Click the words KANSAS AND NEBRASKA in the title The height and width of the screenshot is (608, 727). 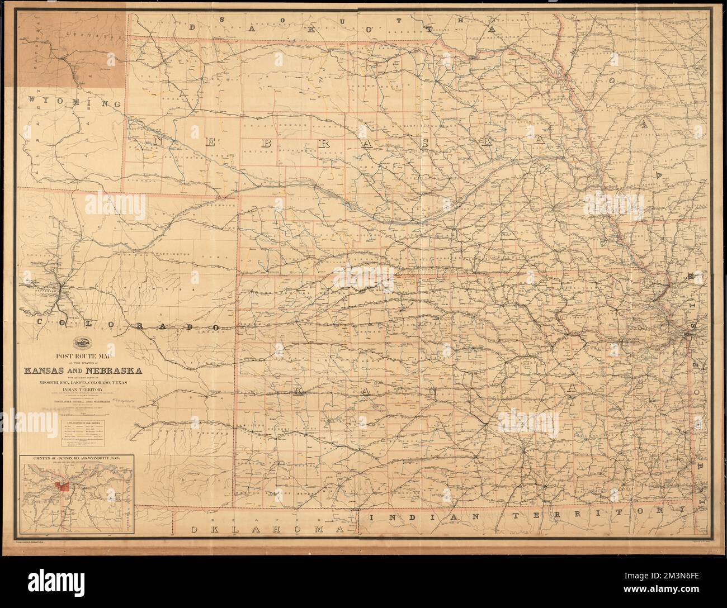click(82, 370)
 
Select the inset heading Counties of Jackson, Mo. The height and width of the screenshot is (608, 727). click(77, 458)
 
